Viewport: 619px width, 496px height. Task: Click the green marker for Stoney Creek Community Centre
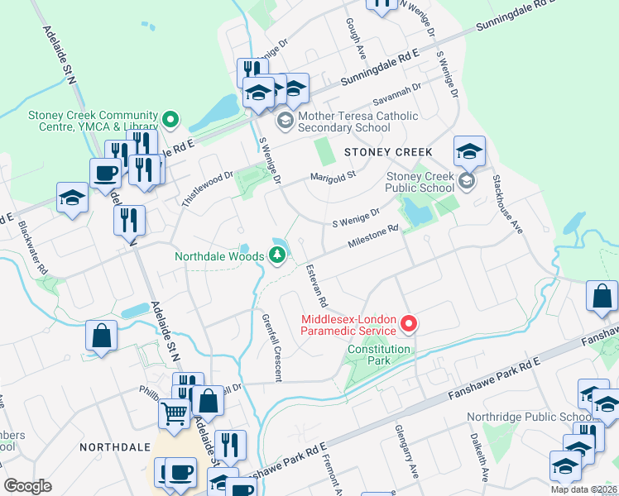click(171, 121)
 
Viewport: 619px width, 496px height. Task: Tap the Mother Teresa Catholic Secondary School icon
click(285, 122)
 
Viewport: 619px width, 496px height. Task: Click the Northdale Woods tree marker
click(278, 256)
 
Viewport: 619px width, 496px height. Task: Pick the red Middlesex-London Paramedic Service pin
click(408, 325)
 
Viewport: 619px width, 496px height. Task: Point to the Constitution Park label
click(378, 349)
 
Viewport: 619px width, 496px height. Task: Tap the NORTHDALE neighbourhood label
click(113, 446)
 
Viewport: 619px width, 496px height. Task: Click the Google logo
click(28, 486)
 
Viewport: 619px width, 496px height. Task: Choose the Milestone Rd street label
click(373, 238)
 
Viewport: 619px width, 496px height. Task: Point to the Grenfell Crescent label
click(271, 347)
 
